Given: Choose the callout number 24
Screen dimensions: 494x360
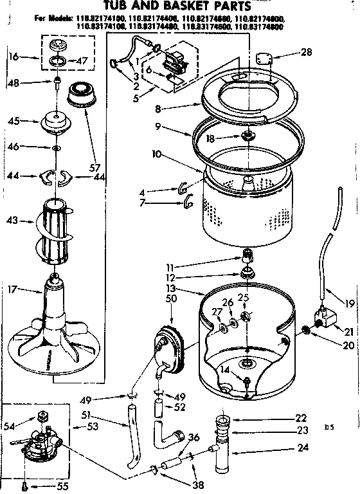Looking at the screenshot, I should pos(302,449).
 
